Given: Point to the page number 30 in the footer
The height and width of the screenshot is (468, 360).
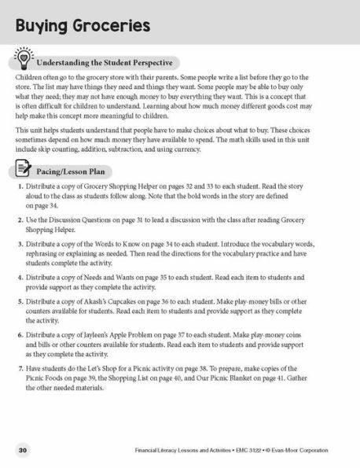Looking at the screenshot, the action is coord(23,449).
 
